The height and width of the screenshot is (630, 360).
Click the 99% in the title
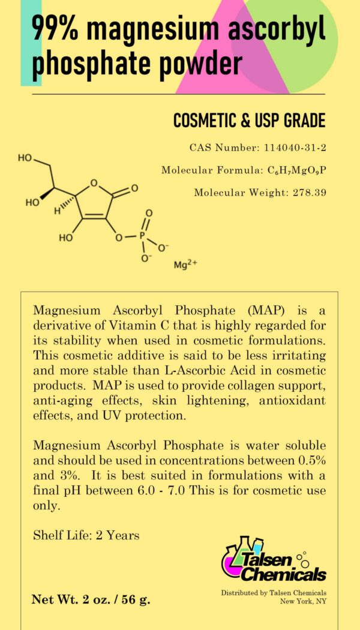pos(58,29)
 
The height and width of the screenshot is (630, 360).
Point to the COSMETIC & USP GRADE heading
pos(249,121)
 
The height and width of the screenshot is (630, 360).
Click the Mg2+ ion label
pos(185,264)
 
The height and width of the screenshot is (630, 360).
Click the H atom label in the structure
pos(57,211)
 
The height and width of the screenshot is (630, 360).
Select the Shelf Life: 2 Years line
pos(86,535)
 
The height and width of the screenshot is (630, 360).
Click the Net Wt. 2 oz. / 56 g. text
pos(91,599)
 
